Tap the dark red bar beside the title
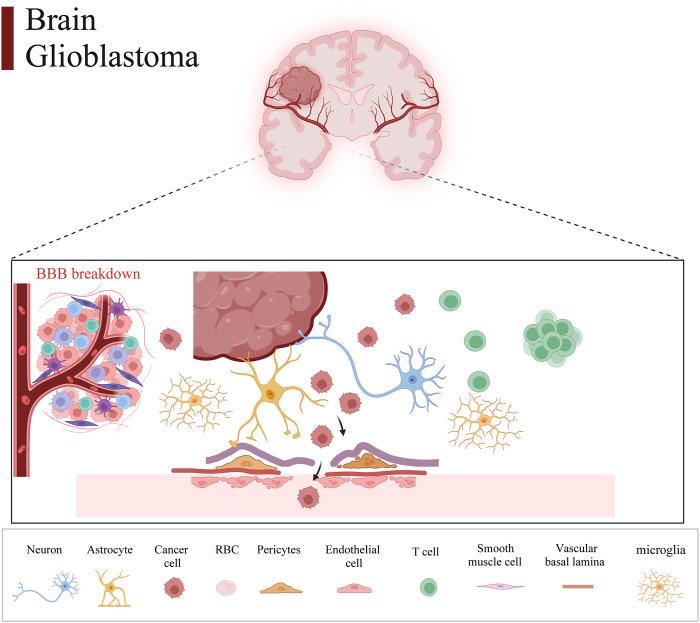(x=7, y=36)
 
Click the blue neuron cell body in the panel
(x=412, y=380)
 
